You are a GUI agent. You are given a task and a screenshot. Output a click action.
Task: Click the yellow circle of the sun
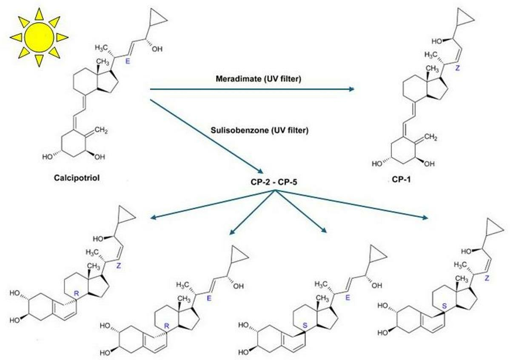(x=39, y=37)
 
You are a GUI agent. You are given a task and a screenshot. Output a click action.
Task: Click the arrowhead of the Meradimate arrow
(x=351, y=89)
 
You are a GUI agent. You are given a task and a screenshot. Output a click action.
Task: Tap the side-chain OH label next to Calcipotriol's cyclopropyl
(x=157, y=49)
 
